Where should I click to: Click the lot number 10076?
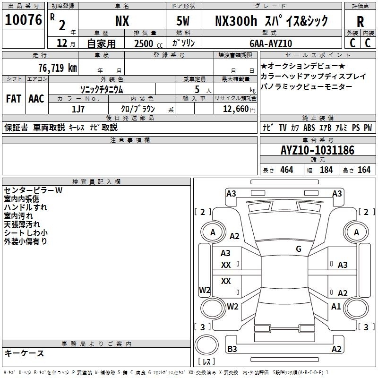[x=23, y=20]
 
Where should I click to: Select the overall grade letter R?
[x=360, y=22]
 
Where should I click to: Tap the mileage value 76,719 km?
[x=58, y=68]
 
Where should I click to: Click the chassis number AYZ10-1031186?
[x=318, y=150]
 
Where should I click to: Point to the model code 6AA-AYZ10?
[x=271, y=43]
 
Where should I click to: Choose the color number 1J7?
[x=78, y=109]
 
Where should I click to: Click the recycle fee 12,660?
[x=236, y=109]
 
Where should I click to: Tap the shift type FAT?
[x=14, y=99]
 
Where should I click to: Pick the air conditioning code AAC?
[x=36, y=99]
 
